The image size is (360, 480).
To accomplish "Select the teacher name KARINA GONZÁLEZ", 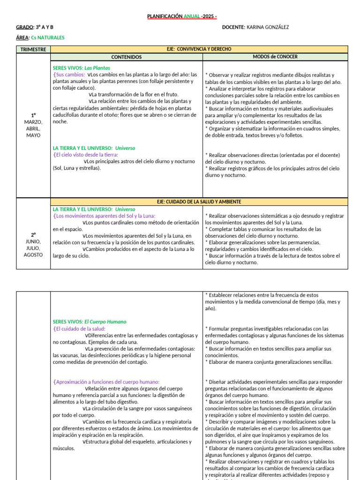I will click(x=268, y=27).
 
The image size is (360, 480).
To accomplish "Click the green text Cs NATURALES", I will click(x=48, y=37).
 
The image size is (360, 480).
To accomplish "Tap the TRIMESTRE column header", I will click(x=33, y=49).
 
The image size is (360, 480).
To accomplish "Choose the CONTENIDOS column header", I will click(x=127, y=57).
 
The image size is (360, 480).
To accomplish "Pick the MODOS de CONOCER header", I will click(x=275, y=57).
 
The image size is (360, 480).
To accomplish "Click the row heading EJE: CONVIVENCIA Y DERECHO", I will click(x=199, y=49).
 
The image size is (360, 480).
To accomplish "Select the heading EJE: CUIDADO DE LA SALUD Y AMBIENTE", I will click(x=199, y=202).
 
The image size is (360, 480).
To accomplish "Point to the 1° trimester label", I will click(x=33, y=115).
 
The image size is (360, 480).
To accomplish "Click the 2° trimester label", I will click(x=33, y=234).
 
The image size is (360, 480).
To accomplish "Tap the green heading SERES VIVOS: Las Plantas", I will click(x=82, y=68).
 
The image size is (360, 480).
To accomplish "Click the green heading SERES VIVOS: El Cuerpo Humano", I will click(x=90, y=322).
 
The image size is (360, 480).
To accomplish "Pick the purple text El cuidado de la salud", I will click(x=80, y=329).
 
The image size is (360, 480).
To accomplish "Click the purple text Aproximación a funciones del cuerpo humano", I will click(x=107, y=382).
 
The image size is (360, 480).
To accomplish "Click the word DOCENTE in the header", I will click(x=233, y=27).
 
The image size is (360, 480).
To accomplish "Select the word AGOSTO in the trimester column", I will click(x=33, y=255).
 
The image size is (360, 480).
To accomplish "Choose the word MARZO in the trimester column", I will click(x=33, y=122).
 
